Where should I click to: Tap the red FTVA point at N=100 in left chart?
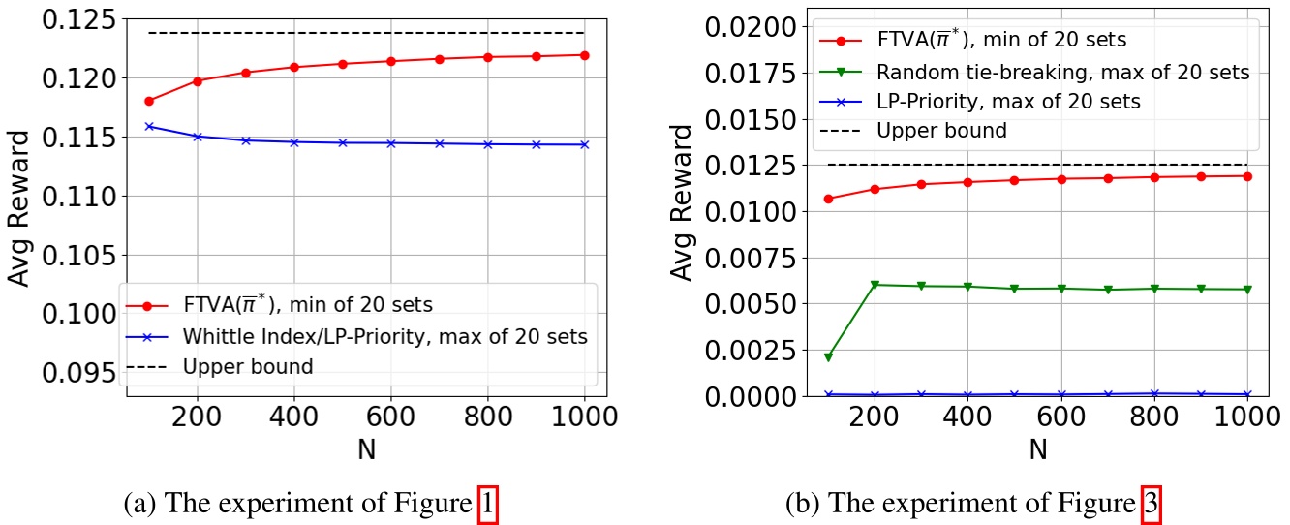149,101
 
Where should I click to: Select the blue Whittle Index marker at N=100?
149,126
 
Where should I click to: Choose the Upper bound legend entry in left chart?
247,367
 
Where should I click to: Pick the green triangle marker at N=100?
828,357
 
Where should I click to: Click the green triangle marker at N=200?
875,285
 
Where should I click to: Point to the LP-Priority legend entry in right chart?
1007,101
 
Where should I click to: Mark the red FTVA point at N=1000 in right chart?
1247,176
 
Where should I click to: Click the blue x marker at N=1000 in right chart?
1247,394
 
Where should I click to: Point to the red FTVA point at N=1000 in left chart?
584,55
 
